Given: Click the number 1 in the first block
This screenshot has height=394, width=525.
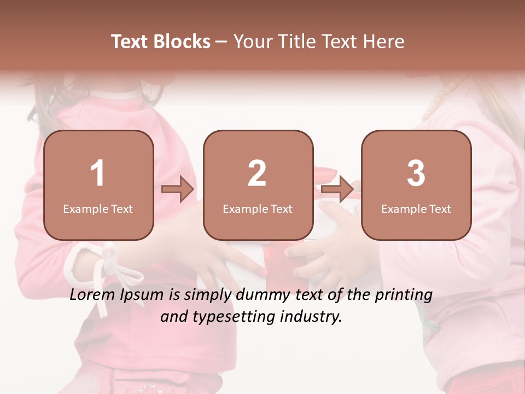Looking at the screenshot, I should pyautogui.click(x=98, y=173).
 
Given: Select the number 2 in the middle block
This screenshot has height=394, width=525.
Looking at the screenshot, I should pyautogui.click(x=257, y=173).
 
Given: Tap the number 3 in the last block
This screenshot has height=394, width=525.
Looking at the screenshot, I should pyautogui.click(x=416, y=173).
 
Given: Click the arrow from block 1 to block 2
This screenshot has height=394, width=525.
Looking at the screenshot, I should pyautogui.click(x=178, y=189).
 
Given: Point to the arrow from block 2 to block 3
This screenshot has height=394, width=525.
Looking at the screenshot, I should pyautogui.click(x=337, y=189).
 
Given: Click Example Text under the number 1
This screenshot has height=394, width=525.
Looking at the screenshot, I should pyautogui.click(x=98, y=209).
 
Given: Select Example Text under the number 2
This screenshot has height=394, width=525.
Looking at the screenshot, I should pyautogui.click(x=258, y=209).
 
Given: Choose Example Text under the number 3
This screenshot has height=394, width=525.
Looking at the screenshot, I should pyautogui.click(x=416, y=209).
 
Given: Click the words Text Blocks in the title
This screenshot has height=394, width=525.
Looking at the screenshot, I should pyautogui.click(x=161, y=42).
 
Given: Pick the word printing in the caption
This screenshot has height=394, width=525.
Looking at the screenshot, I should pyautogui.click(x=404, y=296).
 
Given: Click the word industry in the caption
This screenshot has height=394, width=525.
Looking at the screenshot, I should pyautogui.click(x=312, y=316).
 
